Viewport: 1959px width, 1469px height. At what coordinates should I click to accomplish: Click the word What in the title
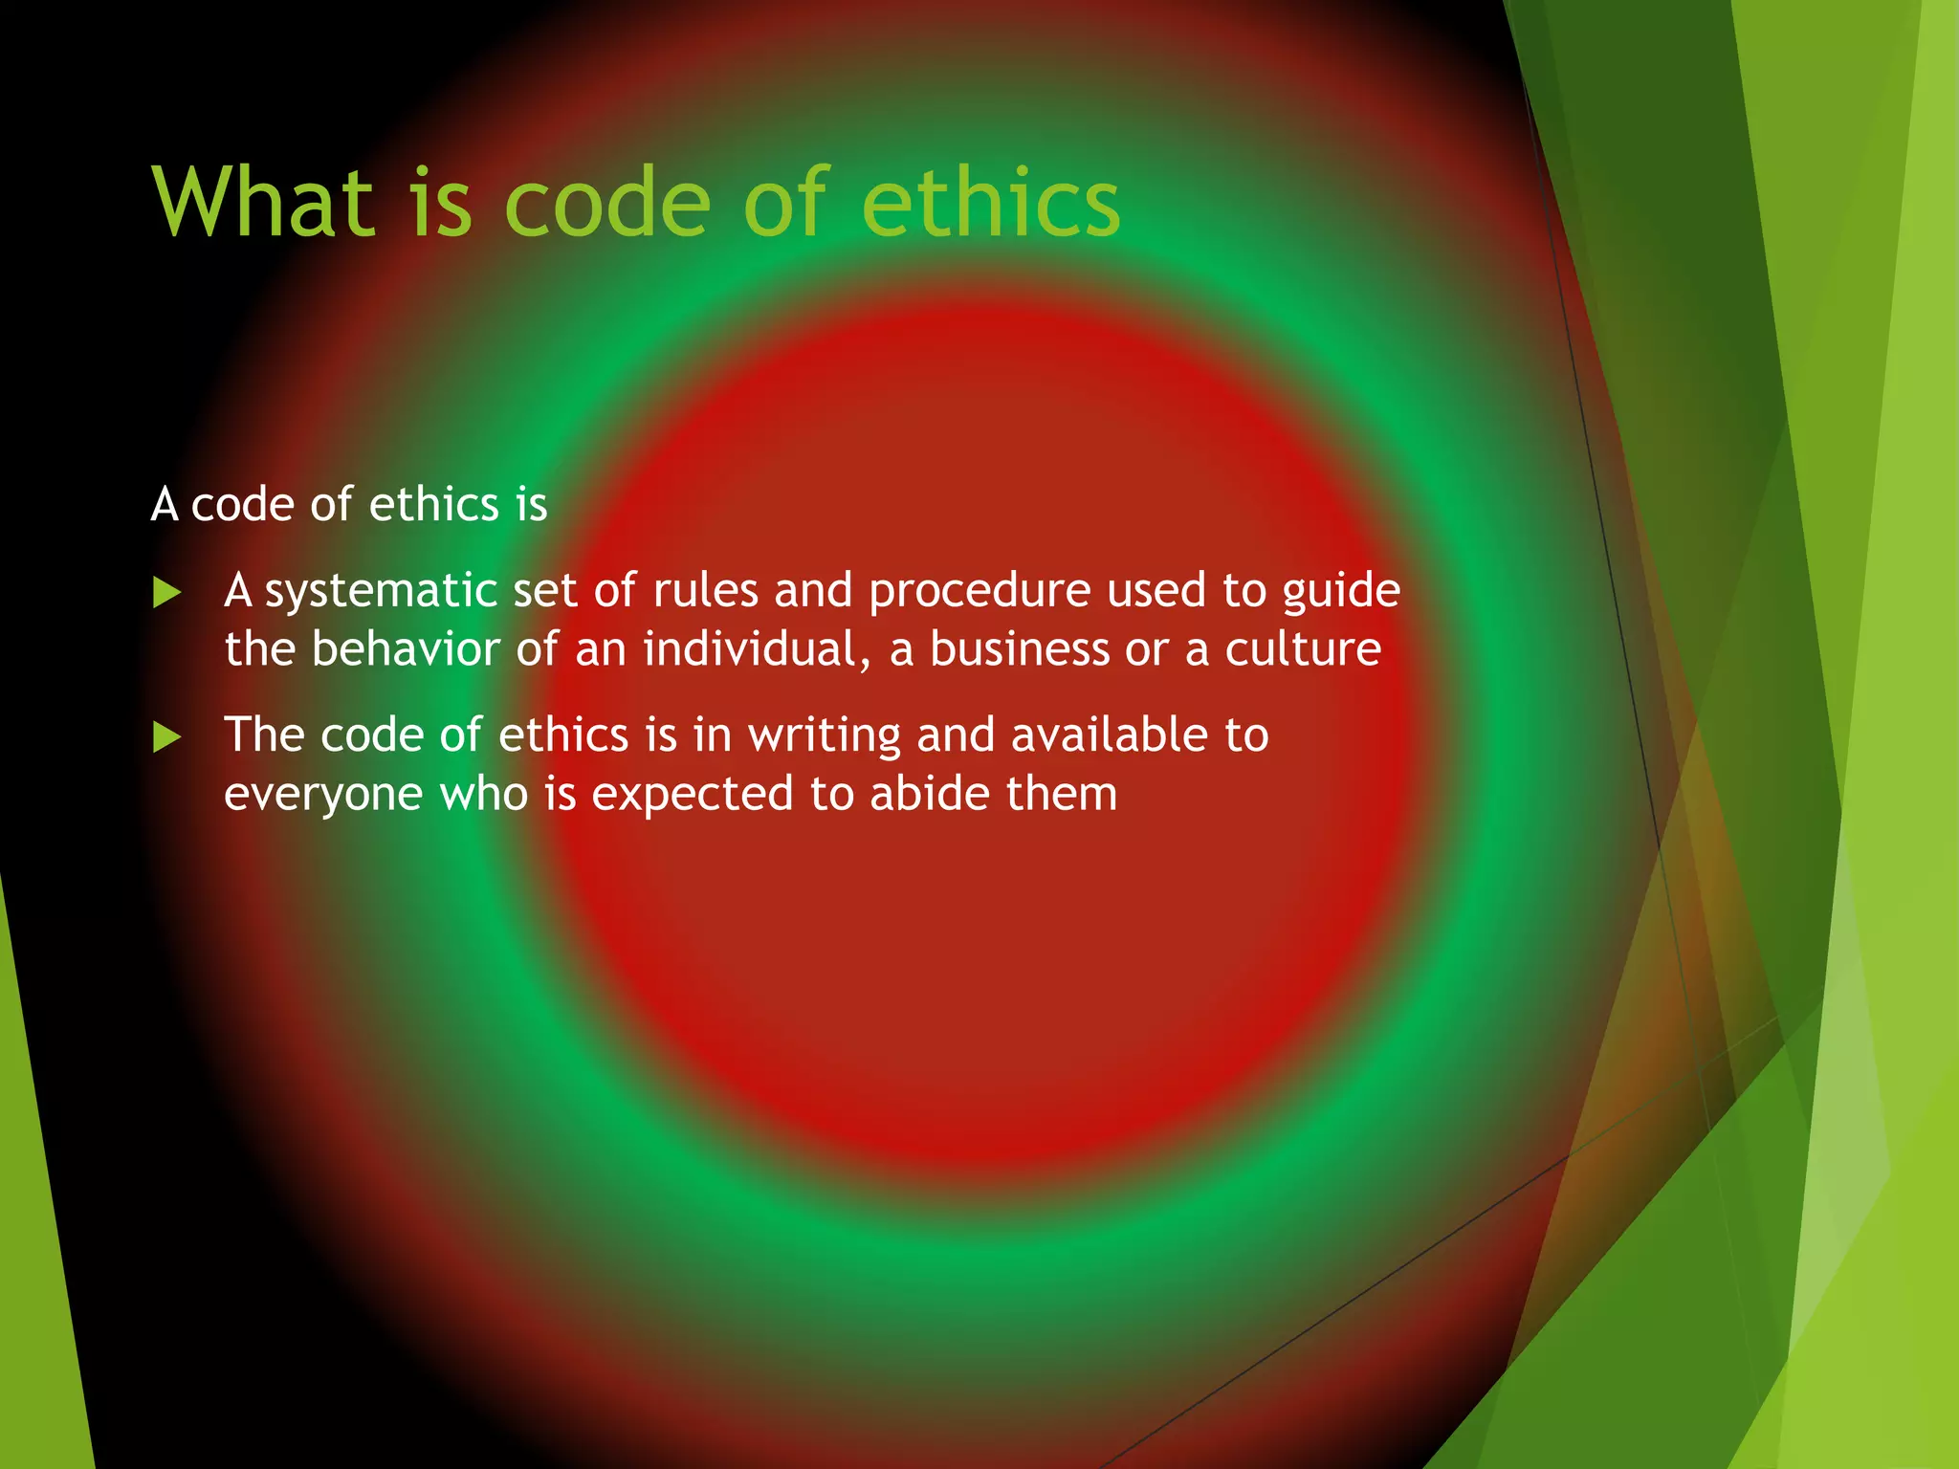(262, 203)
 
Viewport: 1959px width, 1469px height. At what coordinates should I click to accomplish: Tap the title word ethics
(990, 203)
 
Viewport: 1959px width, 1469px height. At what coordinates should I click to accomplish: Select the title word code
(607, 203)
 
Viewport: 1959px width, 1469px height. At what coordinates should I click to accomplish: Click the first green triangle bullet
(166, 593)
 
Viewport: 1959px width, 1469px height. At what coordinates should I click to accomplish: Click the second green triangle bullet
(166, 737)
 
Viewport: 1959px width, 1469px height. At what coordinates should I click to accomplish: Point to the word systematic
(380, 592)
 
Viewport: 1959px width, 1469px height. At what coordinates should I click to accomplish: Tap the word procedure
(979, 592)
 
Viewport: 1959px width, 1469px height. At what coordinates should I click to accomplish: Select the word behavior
(406, 649)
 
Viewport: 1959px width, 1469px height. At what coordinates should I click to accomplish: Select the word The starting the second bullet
(264, 735)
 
